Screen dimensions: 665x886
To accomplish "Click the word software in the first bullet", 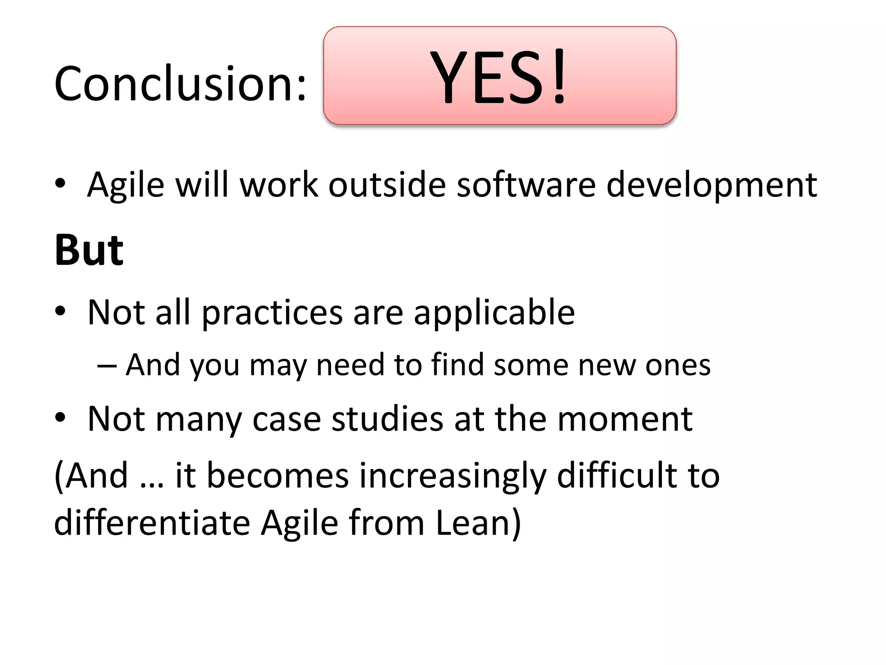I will [x=526, y=185].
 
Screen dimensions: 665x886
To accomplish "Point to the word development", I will [x=711, y=185].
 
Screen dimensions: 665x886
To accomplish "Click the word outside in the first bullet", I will [x=387, y=185].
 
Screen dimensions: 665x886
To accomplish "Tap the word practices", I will [x=272, y=313].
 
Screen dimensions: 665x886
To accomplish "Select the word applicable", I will [x=494, y=313].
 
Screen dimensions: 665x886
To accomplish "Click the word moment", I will [x=625, y=419].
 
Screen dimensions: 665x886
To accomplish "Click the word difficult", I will [x=616, y=475].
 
